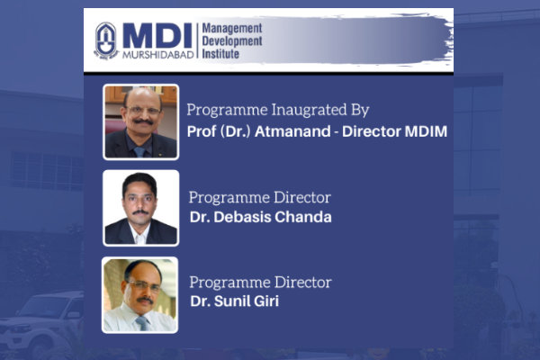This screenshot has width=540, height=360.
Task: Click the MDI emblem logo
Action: coord(106,41)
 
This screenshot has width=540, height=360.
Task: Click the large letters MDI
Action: coord(157,36)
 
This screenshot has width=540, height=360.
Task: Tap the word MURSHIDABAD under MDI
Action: coord(158,54)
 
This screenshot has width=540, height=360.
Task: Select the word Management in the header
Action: coord(232,28)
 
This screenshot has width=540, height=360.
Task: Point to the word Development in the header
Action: coord(232,41)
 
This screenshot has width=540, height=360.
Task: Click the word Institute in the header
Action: coord(220,54)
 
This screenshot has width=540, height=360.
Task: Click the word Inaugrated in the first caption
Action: coord(309,110)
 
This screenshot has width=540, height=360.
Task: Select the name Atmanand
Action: coord(292,131)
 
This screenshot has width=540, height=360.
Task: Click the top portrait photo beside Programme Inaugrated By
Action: coord(141,122)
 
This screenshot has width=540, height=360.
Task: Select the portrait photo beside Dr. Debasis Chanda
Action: coord(141,208)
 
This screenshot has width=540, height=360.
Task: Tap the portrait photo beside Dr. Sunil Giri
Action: coord(140,295)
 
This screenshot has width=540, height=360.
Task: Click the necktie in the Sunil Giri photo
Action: coord(142,323)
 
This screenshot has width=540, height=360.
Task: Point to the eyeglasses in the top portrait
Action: coord(143,111)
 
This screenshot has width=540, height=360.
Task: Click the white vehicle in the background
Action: coord(41,320)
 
